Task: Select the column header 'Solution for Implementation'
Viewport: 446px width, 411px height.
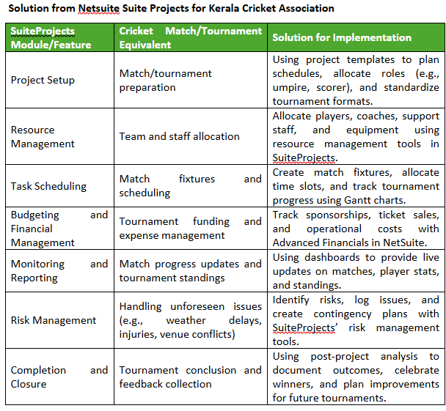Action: [x=342, y=37]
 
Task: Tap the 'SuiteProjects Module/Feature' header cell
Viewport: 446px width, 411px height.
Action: [x=51, y=37]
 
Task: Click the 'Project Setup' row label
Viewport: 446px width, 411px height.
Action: [x=43, y=80]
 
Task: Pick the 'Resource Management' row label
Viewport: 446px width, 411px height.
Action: [x=43, y=137]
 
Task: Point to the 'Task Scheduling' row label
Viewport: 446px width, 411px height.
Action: [x=48, y=186]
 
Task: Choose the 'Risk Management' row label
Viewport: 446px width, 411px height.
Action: [x=54, y=320]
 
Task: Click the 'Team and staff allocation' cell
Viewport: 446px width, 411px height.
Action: [x=180, y=136]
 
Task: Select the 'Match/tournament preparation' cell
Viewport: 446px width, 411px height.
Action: [x=166, y=80]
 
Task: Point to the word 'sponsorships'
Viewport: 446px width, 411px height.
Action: [x=336, y=215]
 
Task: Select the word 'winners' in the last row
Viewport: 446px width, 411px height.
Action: [x=293, y=385]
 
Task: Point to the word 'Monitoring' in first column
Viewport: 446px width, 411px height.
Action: [x=38, y=264]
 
